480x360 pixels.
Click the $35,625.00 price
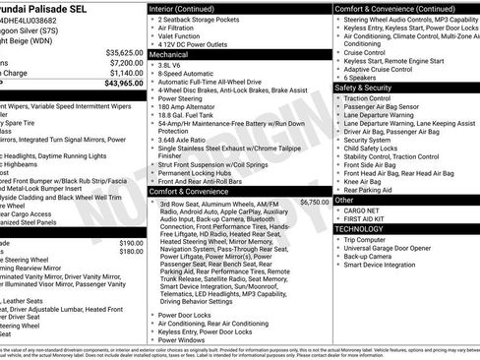124,52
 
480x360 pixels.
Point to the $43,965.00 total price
124,83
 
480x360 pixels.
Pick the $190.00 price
130,242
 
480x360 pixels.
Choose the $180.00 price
130,251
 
